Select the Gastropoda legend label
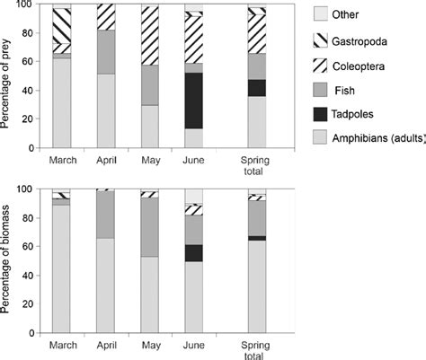pos(368,40)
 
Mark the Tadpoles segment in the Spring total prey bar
pos(257,88)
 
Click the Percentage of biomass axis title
pos(9,260)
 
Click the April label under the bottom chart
pos(106,344)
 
